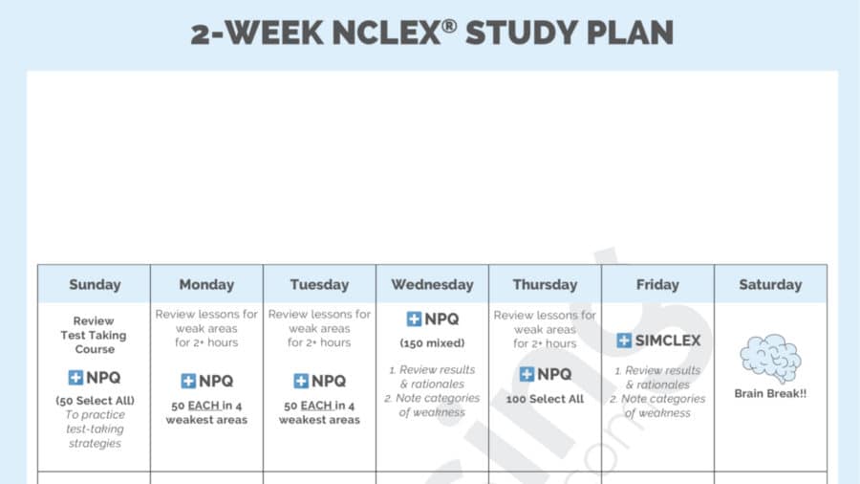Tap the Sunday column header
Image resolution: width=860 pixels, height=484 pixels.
click(x=95, y=284)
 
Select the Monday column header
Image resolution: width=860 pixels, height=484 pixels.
click(x=206, y=284)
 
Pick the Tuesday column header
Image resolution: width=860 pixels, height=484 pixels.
click(x=319, y=284)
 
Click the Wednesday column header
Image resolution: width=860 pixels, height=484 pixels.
click(x=432, y=284)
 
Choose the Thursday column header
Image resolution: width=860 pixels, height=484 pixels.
click(x=545, y=284)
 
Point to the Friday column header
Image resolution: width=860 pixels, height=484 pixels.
click(x=657, y=284)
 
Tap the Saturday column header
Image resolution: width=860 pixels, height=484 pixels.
click(x=770, y=284)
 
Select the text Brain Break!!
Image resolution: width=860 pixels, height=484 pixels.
click(x=770, y=393)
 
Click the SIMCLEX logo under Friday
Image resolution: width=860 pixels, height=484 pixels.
click(x=658, y=341)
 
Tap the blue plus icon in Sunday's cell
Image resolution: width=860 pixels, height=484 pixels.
click(x=75, y=378)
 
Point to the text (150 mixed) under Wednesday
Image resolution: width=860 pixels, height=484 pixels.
click(x=432, y=343)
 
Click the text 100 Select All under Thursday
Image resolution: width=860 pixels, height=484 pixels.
click(x=545, y=398)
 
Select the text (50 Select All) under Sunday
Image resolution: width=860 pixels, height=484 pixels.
click(x=94, y=400)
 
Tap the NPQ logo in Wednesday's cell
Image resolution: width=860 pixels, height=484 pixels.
click(x=432, y=319)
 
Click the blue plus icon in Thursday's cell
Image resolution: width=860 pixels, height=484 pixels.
click(x=527, y=374)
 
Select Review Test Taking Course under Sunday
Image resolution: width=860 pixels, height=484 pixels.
click(x=94, y=335)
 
